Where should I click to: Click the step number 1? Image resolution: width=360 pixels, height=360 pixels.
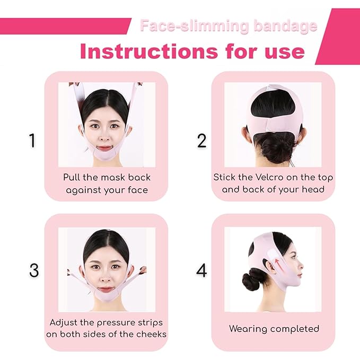(32, 141)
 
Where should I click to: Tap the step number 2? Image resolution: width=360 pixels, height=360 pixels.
(201, 141)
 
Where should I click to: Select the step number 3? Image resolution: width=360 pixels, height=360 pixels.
(33, 271)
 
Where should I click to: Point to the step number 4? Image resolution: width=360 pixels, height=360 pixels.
(201, 271)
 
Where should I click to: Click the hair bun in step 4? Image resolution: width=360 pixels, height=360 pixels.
(251, 279)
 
